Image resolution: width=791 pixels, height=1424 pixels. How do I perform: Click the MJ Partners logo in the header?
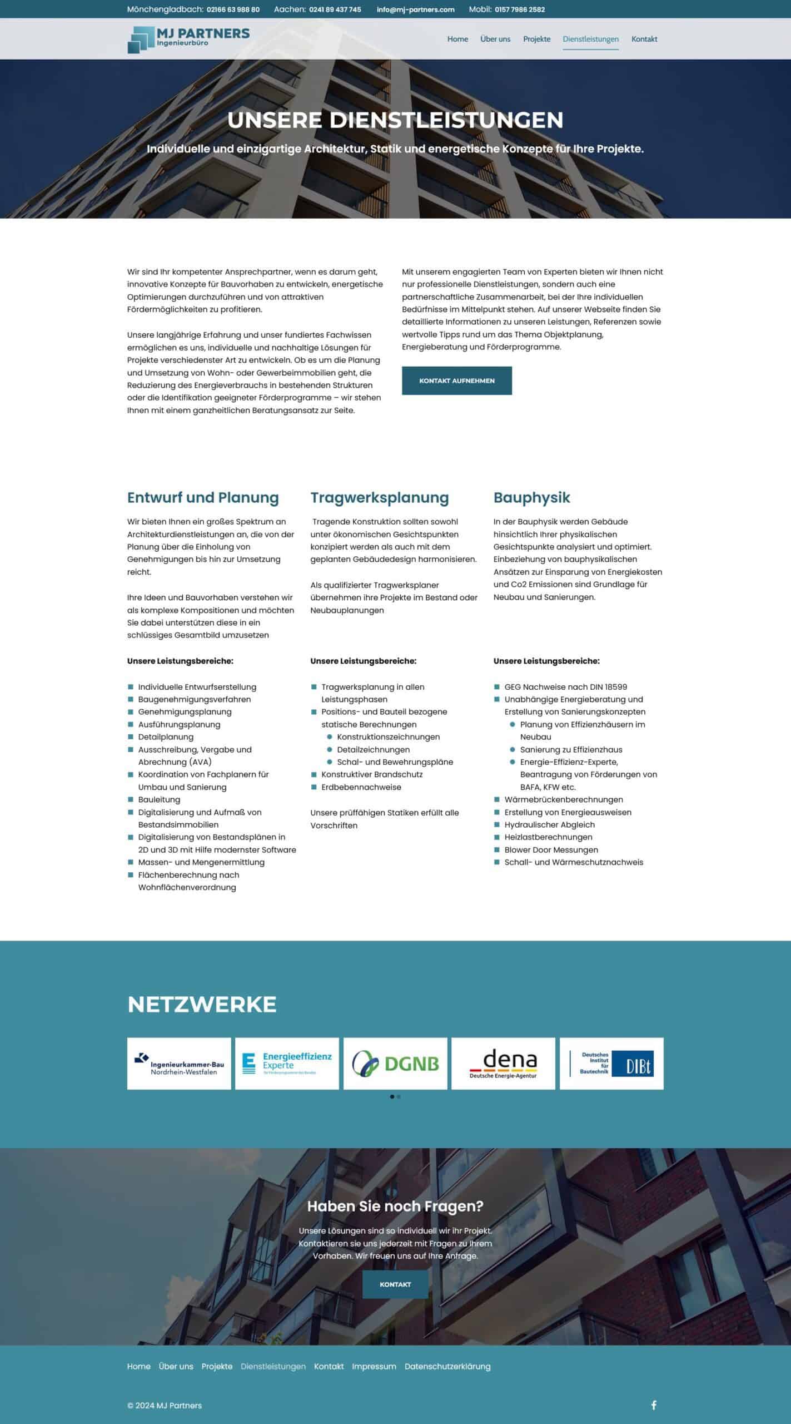tap(188, 39)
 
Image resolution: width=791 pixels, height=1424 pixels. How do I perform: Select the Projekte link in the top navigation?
tap(536, 39)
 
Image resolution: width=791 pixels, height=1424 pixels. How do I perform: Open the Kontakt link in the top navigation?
tap(644, 39)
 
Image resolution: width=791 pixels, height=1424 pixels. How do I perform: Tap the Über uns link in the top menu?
tap(495, 39)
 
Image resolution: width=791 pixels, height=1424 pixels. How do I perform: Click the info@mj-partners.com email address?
tap(415, 9)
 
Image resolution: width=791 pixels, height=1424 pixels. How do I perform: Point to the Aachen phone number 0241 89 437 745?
tap(335, 9)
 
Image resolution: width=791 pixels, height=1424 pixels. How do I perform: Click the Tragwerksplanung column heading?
tap(379, 497)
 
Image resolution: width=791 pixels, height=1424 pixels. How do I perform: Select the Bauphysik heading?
tap(531, 497)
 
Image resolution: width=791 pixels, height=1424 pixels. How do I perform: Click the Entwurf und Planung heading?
tap(203, 497)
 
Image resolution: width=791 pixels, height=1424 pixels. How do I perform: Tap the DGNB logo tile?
tap(395, 1063)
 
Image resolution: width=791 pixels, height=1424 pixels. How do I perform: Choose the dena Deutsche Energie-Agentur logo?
tap(503, 1063)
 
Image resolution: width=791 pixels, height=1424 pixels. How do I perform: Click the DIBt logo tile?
tap(611, 1063)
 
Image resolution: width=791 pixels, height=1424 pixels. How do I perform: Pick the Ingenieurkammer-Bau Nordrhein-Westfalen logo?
tap(179, 1063)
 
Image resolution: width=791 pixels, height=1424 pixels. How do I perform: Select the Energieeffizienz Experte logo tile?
tap(287, 1063)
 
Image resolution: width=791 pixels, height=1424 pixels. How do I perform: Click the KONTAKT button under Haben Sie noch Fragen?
tap(395, 1284)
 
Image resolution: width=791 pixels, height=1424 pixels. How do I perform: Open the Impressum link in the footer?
tap(374, 1366)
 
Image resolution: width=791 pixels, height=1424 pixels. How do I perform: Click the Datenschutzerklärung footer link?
tap(447, 1366)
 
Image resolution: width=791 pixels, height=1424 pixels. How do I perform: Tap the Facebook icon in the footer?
tap(654, 1405)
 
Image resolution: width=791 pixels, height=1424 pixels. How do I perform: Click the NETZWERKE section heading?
tap(202, 1005)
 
